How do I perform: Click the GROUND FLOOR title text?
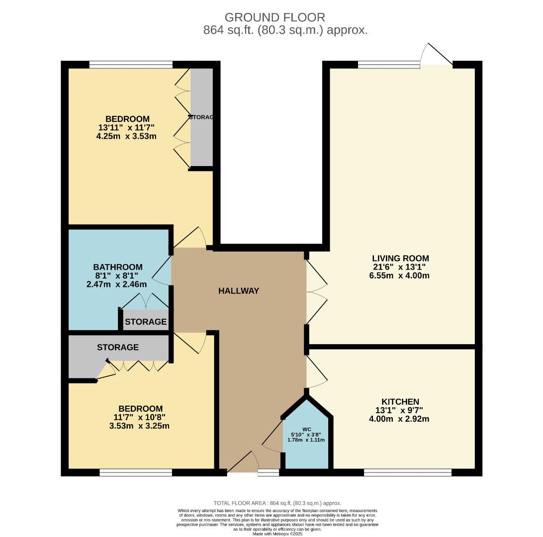pyautogui.click(x=275, y=17)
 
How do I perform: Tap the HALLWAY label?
pyautogui.click(x=239, y=291)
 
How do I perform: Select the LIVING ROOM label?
pyautogui.click(x=400, y=259)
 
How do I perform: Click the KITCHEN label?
pyautogui.click(x=400, y=402)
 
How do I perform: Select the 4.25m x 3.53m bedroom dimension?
pyautogui.click(x=126, y=136)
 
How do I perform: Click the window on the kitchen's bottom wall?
pyautogui.click(x=408, y=472)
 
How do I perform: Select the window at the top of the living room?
pyautogui.click(x=388, y=64)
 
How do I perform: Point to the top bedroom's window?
pyautogui.click(x=131, y=64)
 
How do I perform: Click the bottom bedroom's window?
pyautogui.click(x=135, y=472)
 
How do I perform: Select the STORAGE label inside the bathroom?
pyautogui.click(x=146, y=322)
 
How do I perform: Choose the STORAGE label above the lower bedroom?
pyautogui.click(x=117, y=347)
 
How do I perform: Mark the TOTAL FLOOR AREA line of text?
pyautogui.click(x=277, y=503)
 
